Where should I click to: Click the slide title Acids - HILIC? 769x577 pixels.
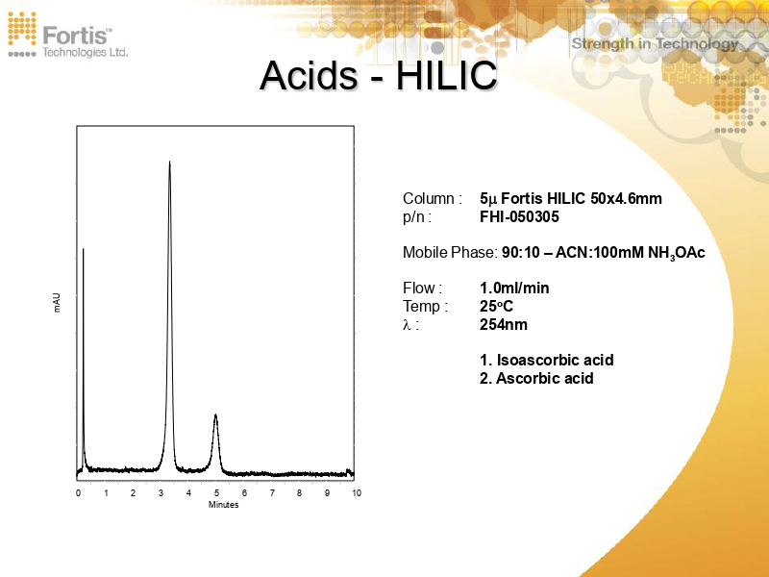[378, 76]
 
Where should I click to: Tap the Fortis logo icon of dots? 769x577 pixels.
[22, 35]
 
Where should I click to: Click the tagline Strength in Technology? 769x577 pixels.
[655, 43]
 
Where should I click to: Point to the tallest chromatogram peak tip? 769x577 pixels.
[170, 163]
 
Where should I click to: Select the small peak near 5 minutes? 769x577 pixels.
[215, 417]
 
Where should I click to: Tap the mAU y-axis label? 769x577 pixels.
[57, 303]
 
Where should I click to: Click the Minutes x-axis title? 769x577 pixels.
[223, 505]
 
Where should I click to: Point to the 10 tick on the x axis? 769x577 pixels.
[356, 492]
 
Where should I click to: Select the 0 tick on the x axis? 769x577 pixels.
[79, 492]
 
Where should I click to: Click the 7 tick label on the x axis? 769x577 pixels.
[272, 492]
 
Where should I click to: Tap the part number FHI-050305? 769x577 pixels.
[519, 217]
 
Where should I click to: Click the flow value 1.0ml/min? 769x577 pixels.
[514, 288]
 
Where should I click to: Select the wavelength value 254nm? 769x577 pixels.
[505, 324]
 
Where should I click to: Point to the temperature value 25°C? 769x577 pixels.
[497, 306]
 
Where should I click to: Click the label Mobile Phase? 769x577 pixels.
[449, 253]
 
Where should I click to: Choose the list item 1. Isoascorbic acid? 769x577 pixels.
[546, 361]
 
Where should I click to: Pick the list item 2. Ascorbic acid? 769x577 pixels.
[536, 378]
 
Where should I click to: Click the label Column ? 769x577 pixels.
[433, 199]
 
